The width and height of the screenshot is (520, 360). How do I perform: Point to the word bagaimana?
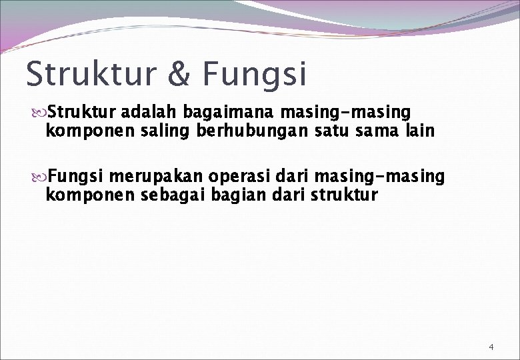coord(227,111)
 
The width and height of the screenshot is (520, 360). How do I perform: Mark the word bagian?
coord(228,197)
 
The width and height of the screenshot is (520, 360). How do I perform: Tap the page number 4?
coord(491,347)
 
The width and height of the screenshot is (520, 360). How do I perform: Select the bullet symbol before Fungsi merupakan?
coord(39,177)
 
